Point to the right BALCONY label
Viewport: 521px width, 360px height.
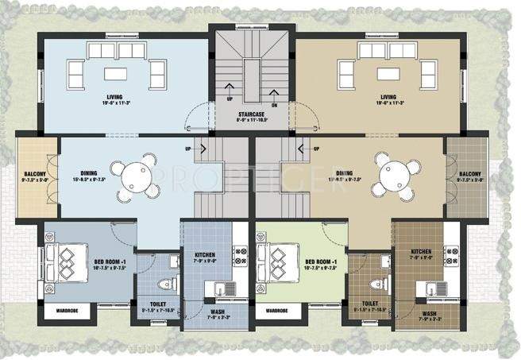tap(470, 173)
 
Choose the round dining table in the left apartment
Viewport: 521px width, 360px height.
tap(129, 173)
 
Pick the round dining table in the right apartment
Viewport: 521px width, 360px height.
tap(395, 173)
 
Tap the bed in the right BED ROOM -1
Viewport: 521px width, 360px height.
tap(276, 258)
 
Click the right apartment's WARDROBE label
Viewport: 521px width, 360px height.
tap(276, 311)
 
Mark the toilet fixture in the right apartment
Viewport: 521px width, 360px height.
tap(379, 284)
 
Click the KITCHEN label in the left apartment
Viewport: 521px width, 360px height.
tap(205, 255)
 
